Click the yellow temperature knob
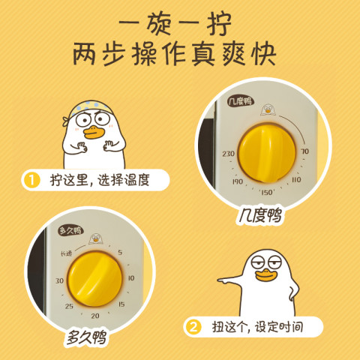(267, 153)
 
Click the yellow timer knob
(94, 279)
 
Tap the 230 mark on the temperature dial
(229, 154)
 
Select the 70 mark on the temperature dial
(304, 151)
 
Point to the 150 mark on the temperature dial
(267, 192)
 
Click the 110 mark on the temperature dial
(296, 179)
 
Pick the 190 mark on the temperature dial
(237, 181)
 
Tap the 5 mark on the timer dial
(120, 253)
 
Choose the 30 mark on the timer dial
(59, 280)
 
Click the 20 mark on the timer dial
(95, 316)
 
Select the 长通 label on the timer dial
(66, 253)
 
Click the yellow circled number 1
(31, 180)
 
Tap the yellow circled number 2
(193, 327)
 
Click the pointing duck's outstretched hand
(223, 280)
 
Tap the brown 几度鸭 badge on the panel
(241, 101)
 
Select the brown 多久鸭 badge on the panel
(70, 230)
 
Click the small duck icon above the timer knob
(95, 238)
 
